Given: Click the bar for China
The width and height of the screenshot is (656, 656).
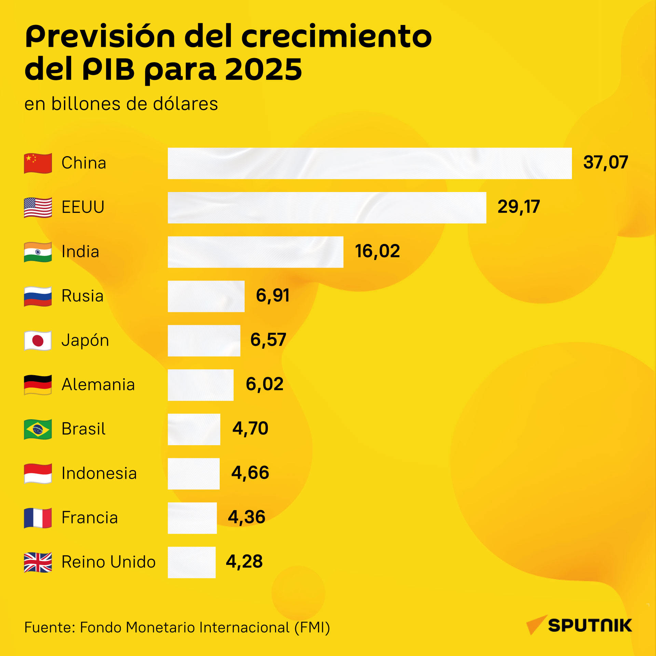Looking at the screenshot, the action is click(x=370, y=163).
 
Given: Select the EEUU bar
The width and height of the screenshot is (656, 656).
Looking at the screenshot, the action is click(x=327, y=208).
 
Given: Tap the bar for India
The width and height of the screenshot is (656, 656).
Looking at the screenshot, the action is click(x=256, y=252).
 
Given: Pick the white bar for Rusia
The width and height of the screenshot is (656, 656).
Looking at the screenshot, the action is click(x=206, y=296).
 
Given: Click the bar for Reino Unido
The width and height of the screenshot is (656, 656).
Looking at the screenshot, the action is click(x=192, y=562).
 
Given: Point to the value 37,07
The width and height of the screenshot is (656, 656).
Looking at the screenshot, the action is click(x=605, y=162).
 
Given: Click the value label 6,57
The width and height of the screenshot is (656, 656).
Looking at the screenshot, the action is click(x=268, y=340).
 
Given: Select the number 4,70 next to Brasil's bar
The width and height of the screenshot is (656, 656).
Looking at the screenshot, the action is click(x=250, y=428).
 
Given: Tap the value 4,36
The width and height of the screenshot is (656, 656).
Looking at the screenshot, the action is click(x=247, y=517).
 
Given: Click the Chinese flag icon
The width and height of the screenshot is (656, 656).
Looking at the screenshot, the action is click(x=38, y=163).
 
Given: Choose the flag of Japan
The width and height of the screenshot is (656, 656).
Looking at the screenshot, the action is click(x=38, y=341).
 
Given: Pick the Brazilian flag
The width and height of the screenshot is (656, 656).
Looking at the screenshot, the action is click(x=38, y=429).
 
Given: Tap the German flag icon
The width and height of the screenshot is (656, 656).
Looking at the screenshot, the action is click(x=38, y=385).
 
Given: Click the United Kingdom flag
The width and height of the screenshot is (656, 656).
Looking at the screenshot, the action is click(x=38, y=562).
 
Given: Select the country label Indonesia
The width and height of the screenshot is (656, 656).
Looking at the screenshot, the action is click(x=99, y=473).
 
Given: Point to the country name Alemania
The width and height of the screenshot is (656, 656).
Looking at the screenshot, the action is click(x=98, y=384).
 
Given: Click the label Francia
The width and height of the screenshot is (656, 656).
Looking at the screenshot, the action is click(x=90, y=517).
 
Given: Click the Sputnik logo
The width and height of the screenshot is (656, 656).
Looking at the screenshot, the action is click(x=579, y=625).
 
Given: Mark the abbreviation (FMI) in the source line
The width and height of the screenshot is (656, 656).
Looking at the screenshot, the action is click(x=312, y=628).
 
